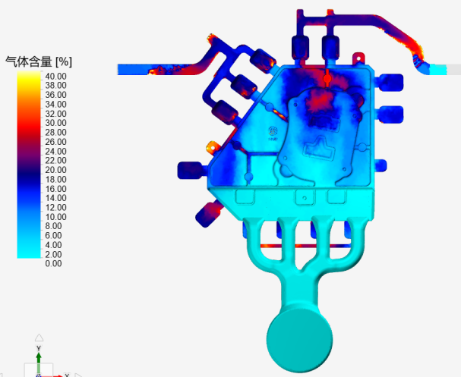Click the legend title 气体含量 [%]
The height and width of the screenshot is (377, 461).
click(39, 61)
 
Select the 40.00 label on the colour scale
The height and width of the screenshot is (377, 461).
click(55, 77)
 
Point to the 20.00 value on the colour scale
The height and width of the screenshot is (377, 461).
click(55, 170)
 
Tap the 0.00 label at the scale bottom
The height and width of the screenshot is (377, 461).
click(53, 263)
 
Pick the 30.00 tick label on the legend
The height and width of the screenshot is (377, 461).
click(55, 123)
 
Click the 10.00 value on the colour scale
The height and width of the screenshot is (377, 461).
click(55, 217)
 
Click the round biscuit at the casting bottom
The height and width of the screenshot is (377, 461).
click(300, 340)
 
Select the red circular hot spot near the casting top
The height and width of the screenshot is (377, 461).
click(327, 78)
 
